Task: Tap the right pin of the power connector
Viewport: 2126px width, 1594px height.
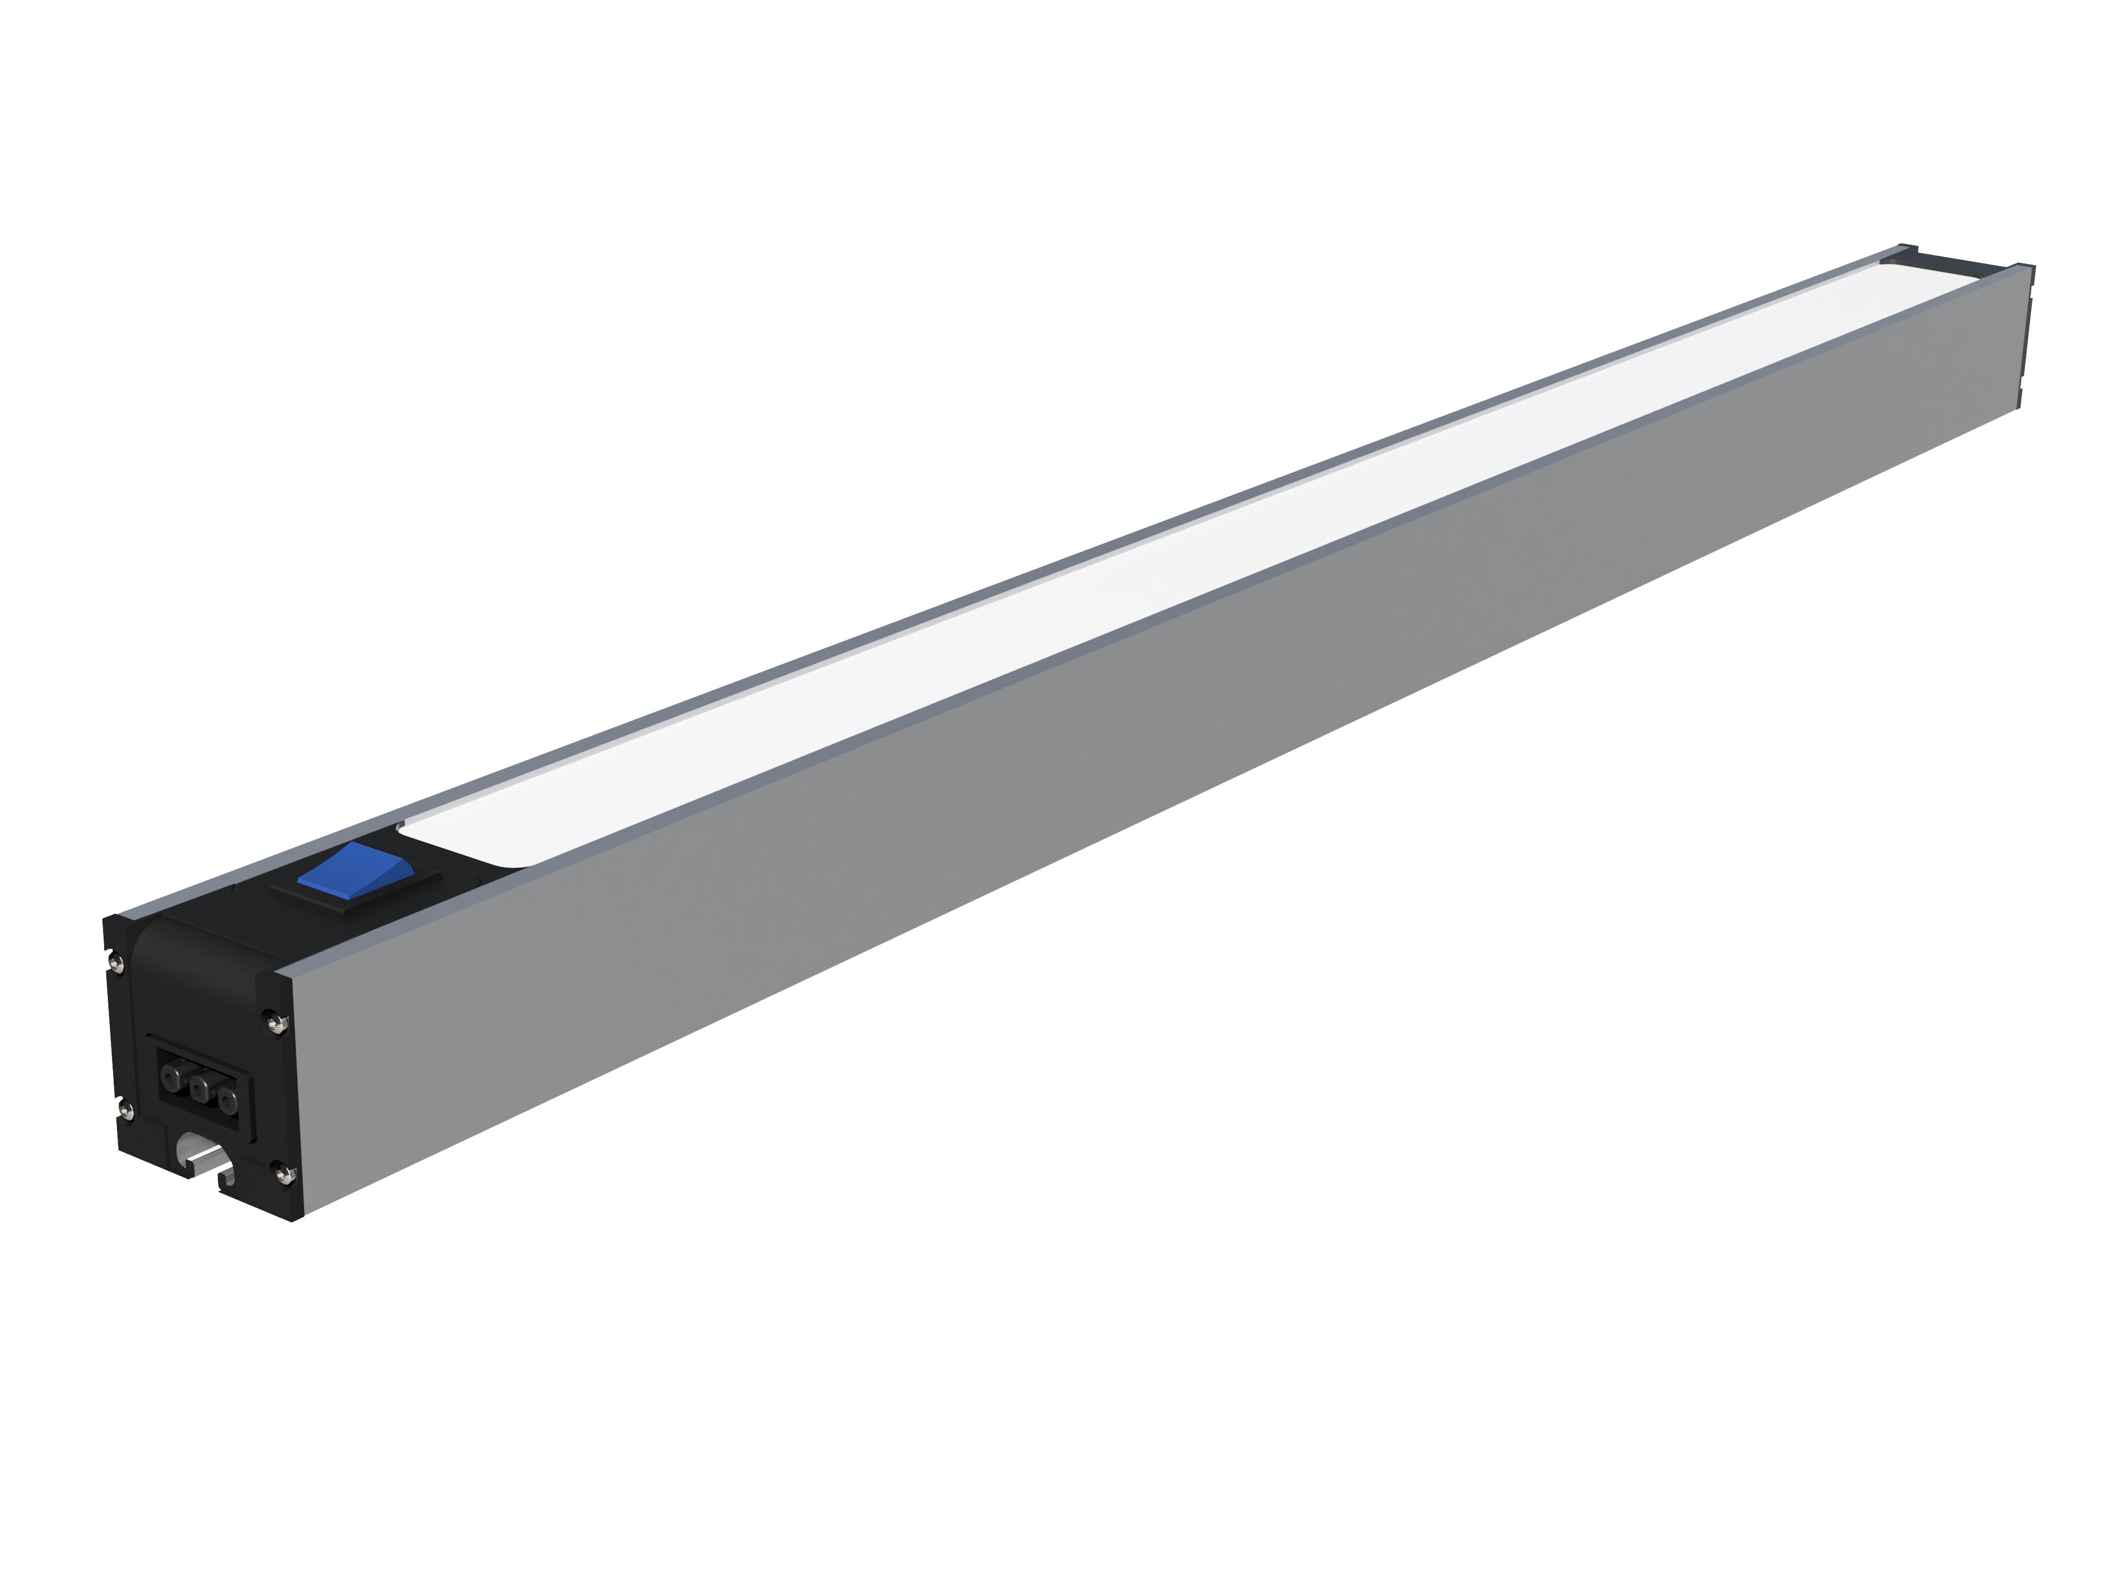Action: (227, 1098)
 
